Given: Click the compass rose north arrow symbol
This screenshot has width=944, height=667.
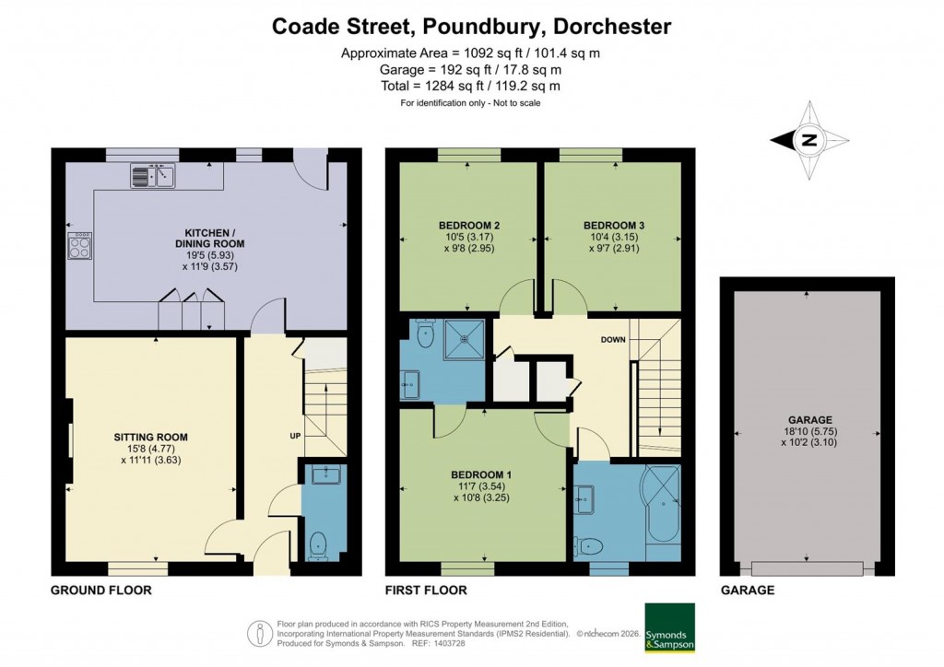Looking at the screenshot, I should [x=808, y=141].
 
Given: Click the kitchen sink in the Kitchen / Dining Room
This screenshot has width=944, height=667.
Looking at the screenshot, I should [x=152, y=174].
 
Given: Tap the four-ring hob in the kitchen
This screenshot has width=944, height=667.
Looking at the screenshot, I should [x=80, y=245].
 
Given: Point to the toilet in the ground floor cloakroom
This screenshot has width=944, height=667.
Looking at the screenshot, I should [x=319, y=544].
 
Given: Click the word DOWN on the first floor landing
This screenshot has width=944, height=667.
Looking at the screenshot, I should [x=613, y=339].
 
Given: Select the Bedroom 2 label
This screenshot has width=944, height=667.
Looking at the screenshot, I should [x=469, y=226].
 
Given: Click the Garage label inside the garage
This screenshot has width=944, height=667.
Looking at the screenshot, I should [x=807, y=419].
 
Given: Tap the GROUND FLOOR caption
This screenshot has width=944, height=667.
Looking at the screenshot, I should [x=101, y=590].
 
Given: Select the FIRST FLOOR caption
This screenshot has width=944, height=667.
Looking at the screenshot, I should [x=426, y=590].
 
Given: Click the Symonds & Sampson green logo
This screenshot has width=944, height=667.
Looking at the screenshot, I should [x=669, y=627].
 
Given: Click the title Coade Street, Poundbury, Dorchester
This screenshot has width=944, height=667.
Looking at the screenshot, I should [x=471, y=26].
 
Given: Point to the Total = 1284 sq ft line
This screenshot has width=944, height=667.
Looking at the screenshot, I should [x=471, y=86].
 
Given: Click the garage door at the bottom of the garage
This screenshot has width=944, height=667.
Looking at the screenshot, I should [x=808, y=567].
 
